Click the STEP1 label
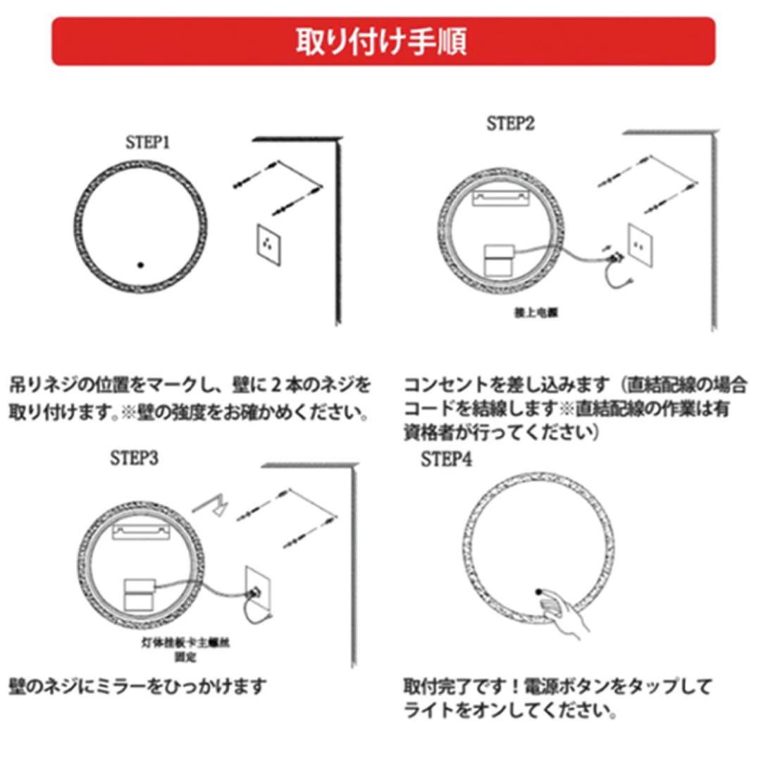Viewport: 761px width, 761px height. (148, 142)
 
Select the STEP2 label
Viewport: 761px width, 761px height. (510, 124)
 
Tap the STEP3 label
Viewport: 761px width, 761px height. (134, 458)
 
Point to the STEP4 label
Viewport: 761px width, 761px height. (447, 459)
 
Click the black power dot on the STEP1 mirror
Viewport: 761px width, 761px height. (140, 265)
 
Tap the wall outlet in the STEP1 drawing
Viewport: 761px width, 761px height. (266, 245)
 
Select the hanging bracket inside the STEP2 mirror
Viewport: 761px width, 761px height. (500, 199)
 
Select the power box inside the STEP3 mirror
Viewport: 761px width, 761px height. (140, 593)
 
